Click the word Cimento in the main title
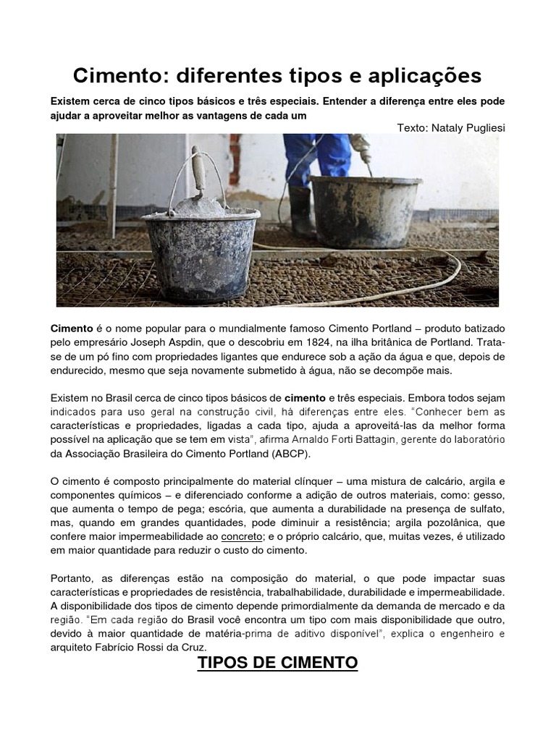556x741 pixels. (117, 76)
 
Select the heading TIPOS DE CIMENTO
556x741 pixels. (278, 662)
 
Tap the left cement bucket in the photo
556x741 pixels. (201, 253)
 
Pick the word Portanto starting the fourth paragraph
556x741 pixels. (73, 578)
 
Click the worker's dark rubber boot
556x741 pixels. (300, 210)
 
